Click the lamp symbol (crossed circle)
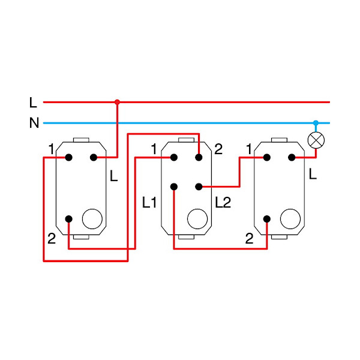tap(316, 140)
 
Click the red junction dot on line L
tap(117, 102)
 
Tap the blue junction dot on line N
tap(316, 123)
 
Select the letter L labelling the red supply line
tap(33, 103)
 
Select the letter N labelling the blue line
tap(34, 124)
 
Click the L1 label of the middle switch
tap(149, 203)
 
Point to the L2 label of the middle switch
tap(223, 203)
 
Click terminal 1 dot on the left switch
tap(69, 158)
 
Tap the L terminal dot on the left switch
tap(94, 158)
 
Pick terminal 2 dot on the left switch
tap(69, 219)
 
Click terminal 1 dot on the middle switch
tap(173, 158)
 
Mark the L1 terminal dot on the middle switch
tap(173, 187)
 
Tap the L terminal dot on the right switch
tap(291, 158)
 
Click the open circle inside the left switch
tap(92, 219)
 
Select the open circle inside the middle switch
tap(197, 219)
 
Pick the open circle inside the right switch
tap(290, 219)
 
